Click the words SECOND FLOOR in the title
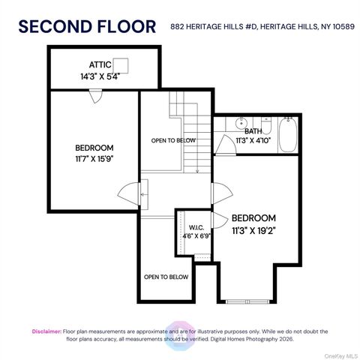(x=86, y=26)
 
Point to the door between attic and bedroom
(x=95, y=95)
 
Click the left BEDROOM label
(x=94, y=147)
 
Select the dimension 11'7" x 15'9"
(x=94, y=158)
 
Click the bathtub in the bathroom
(x=287, y=136)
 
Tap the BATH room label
(x=253, y=130)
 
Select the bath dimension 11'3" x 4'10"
(x=255, y=139)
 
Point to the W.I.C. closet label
(x=196, y=226)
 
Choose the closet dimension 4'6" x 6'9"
(x=196, y=235)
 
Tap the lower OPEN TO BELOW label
(x=166, y=277)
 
